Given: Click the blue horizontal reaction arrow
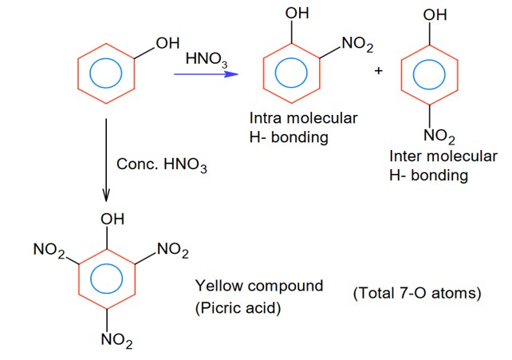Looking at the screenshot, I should [206, 75].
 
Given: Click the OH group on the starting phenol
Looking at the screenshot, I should [167, 43].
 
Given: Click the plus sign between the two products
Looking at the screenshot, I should [378, 71].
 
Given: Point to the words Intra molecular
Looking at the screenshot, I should [303, 119].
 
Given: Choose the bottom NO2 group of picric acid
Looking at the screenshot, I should [116, 341].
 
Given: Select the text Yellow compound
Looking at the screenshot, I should [259, 285].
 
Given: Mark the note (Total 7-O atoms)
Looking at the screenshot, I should [417, 294].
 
